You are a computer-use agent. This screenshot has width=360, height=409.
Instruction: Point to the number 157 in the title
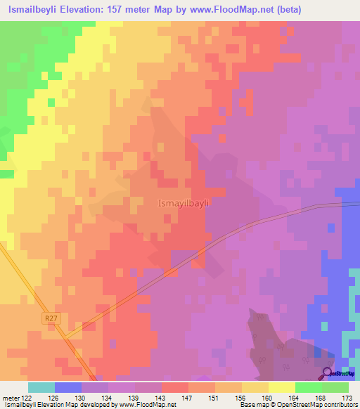[x=132, y=10]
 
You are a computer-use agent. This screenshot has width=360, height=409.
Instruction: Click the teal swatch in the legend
[x=41, y=387]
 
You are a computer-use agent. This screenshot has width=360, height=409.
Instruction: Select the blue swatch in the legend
[x=68, y=387]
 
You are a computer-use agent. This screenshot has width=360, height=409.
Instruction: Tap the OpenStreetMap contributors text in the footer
[x=321, y=405]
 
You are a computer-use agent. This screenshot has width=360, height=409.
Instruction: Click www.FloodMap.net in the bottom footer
[x=147, y=405]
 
